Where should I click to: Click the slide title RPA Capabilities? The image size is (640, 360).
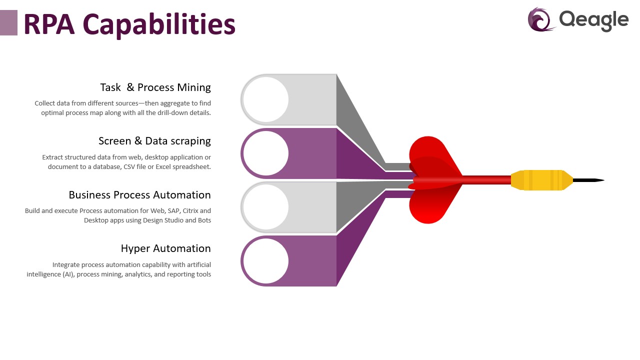(129, 25)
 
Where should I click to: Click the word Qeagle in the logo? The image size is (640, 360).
(593, 21)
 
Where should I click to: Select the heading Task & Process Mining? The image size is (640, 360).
(155, 87)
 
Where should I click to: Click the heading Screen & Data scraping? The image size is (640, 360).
(154, 141)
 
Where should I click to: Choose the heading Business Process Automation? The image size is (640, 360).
(139, 195)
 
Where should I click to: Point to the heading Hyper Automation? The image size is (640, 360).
(165, 248)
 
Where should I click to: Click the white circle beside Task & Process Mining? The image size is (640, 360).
(266, 99)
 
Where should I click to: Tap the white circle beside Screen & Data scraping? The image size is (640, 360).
(266, 153)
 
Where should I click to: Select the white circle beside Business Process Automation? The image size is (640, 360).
(266, 207)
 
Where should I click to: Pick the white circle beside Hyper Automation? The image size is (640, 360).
(266, 261)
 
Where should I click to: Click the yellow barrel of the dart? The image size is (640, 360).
(542, 180)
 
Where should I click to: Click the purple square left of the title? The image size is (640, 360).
(8, 23)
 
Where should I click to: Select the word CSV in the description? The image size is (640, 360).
(129, 167)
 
